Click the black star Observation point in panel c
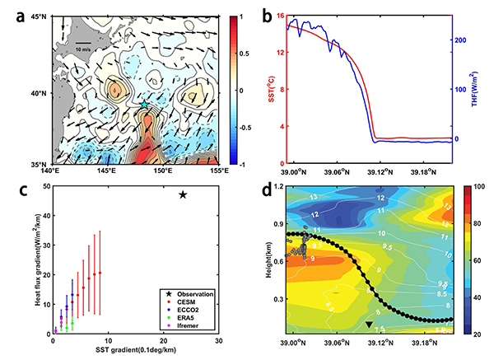coord(183,194)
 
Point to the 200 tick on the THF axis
coord(461,40)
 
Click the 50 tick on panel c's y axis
coord(40,188)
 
